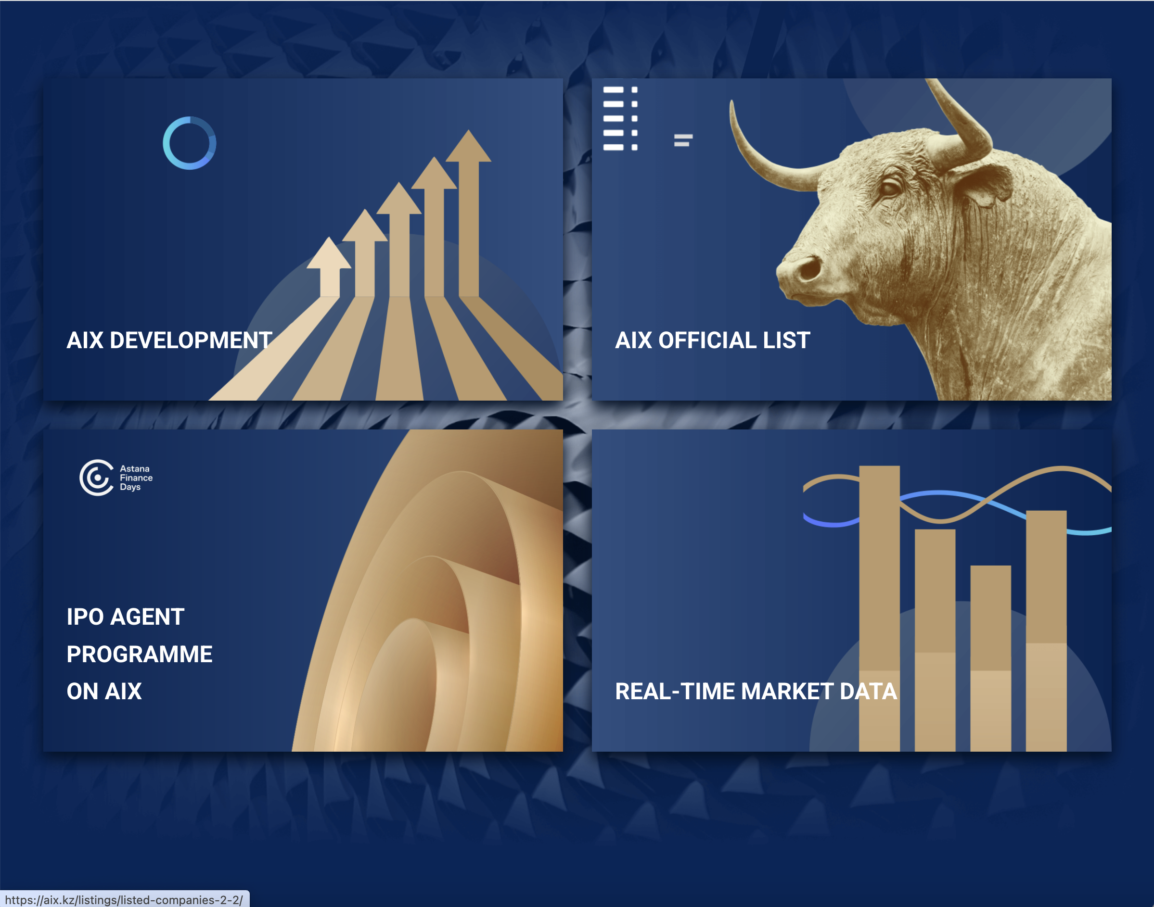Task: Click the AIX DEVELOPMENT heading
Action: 169,340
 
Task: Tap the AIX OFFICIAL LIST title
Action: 713,340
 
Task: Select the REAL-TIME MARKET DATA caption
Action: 756,692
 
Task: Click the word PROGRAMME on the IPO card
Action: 140,654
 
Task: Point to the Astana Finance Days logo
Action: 116,478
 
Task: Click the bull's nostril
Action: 810,268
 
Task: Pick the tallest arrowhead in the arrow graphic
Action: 468,146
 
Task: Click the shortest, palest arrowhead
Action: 329,253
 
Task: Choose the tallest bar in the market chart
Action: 879,608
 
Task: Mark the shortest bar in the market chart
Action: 990,658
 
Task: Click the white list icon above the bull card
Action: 620,118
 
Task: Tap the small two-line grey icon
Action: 683,140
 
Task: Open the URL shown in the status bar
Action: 124,900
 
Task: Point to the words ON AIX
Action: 104,692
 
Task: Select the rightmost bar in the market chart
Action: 1046,631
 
